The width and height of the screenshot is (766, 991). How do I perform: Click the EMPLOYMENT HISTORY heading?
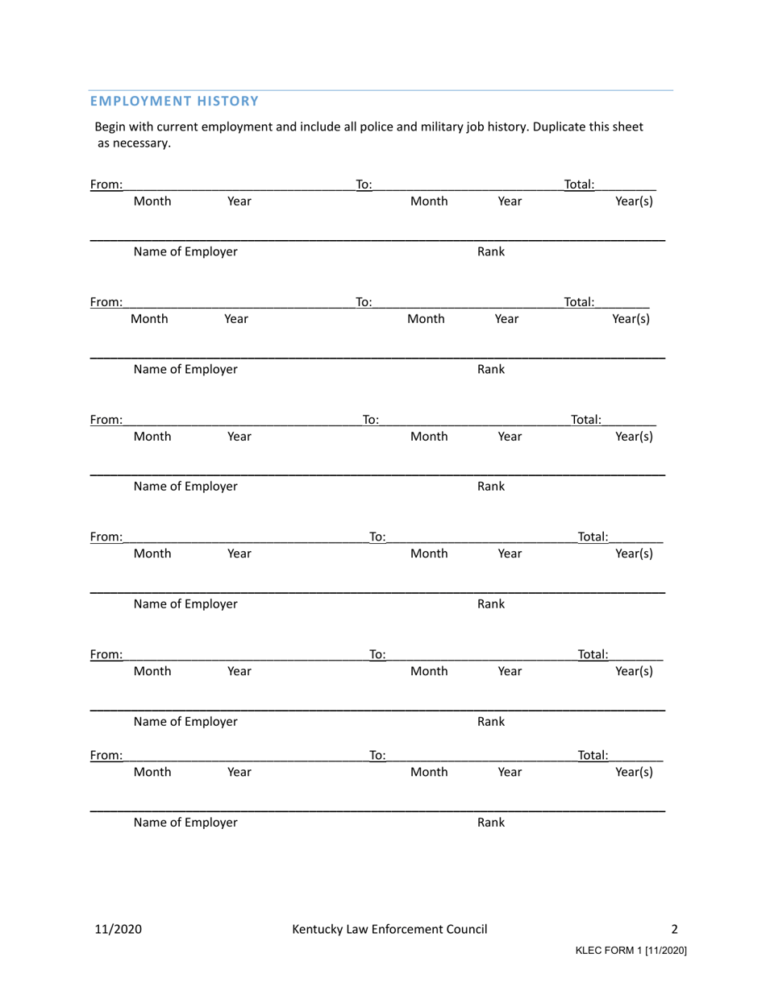pyautogui.click(x=174, y=101)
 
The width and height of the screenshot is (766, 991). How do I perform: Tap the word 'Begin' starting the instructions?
pyautogui.click(x=111, y=126)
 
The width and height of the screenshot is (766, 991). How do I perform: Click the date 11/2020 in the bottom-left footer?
pyautogui.click(x=119, y=929)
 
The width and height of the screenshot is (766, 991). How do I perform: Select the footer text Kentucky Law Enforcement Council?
pyautogui.click(x=389, y=929)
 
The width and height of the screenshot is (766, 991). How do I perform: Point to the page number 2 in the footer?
pyautogui.click(x=675, y=929)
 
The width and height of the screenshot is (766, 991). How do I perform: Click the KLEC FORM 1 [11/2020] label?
pyautogui.click(x=631, y=951)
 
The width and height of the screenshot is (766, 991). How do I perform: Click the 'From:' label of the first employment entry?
pyautogui.click(x=106, y=185)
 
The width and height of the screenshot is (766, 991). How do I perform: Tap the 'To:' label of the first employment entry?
pyautogui.click(x=364, y=185)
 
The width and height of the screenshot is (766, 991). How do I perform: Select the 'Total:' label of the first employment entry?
pyautogui.click(x=579, y=185)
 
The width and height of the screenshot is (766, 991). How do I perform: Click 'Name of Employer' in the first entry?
pyautogui.click(x=185, y=251)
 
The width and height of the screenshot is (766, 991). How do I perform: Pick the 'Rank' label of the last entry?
pyautogui.click(x=491, y=823)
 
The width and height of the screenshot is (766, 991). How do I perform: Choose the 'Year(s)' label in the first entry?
pyautogui.click(x=634, y=201)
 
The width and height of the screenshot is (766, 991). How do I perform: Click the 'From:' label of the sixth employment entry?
pyautogui.click(x=106, y=756)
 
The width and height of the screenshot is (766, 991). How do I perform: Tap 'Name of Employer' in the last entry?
pyautogui.click(x=185, y=823)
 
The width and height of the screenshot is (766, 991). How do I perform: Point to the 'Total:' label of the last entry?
pyautogui.click(x=593, y=756)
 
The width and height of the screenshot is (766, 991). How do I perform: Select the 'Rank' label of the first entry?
pyautogui.click(x=491, y=251)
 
